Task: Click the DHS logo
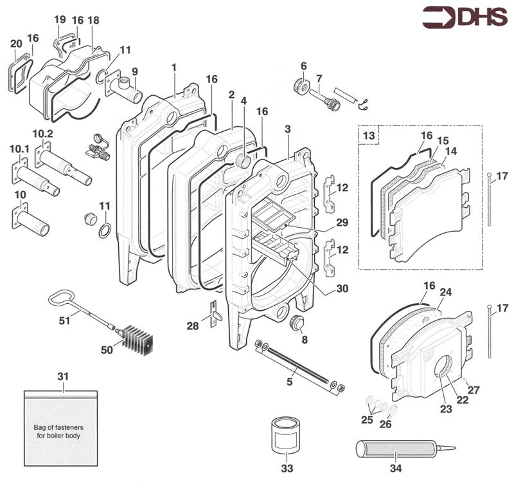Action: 463,18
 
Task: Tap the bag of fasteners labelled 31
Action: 62,428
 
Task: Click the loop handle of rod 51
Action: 58,299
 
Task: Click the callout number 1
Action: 173,67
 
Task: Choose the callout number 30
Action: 342,289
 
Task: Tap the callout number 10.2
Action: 42,133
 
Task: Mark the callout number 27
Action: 474,389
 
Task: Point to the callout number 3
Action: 288,129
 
